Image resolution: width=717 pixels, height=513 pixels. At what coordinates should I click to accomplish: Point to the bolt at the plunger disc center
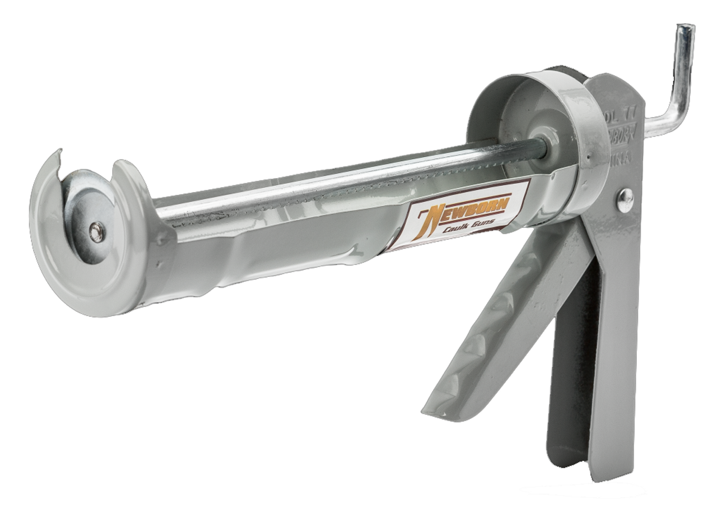[x=96, y=232]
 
